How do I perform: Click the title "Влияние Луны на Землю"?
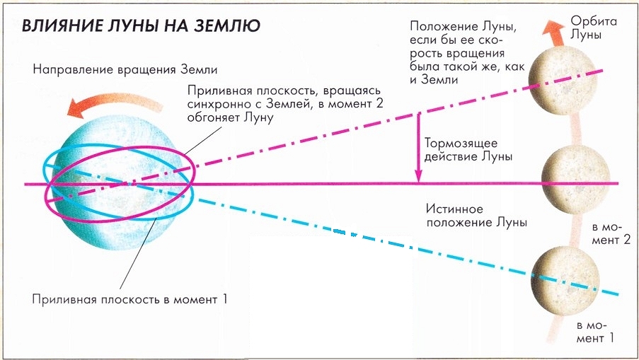(x=141, y=25)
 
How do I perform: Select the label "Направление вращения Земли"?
(x=125, y=69)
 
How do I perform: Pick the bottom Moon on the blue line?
(x=566, y=279)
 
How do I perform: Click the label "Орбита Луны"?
(x=593, y=28)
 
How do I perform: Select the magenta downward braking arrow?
(x=418, y=147)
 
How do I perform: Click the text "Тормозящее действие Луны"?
(x=468, y=149)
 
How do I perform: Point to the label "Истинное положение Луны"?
(x=476, y=216)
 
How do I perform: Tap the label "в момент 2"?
(x=611, y=234)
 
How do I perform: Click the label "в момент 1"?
(x=595, y=332)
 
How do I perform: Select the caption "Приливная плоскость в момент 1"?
(x=129, y=299)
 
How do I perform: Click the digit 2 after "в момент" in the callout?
(x=379, y=103)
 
